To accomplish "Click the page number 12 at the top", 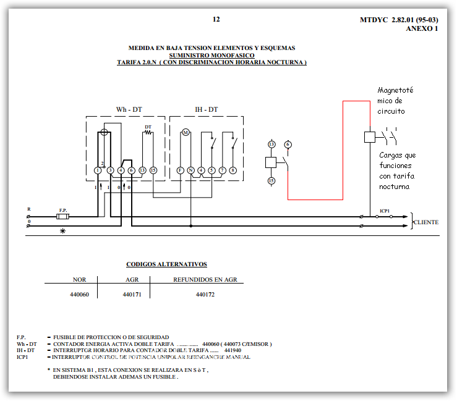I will pos(216,19).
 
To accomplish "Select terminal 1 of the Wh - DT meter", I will pos(98,170).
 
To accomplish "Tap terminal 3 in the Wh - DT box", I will pos(110,170).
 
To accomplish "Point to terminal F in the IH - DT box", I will pos(180,170).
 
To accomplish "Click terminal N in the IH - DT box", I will pos(191,170).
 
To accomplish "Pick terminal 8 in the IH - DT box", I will pos(233,170).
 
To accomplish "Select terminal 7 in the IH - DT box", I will pos(222,170).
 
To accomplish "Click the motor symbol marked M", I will pos(185,133).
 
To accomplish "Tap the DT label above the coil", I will pos(148,127).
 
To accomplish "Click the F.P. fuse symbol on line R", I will pos(62,217).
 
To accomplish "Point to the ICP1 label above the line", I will pos(385,211).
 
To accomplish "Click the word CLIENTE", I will pos(426,222).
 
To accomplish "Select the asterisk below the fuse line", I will pos(62,232).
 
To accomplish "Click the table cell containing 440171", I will pos(132,295).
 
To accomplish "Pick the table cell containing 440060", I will pos(80,295).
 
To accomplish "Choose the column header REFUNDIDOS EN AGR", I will pos(205,279).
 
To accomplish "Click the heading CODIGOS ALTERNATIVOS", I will pos(166,264).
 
